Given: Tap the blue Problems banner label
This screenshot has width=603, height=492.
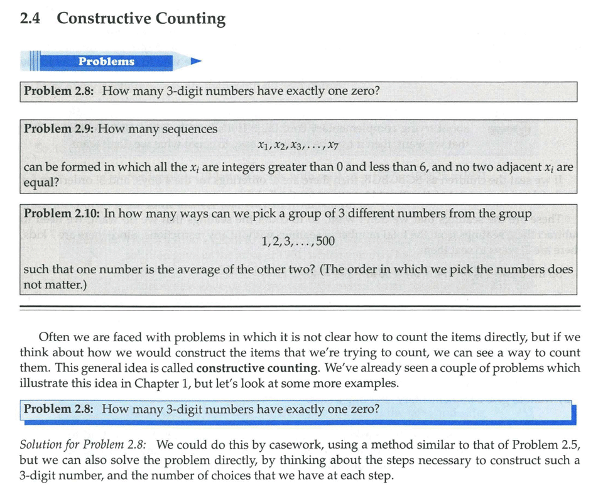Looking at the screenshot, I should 106,62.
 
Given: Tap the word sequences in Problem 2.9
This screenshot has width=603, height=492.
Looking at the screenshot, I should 190,129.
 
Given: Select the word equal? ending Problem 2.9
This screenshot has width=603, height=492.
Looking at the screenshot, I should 41,183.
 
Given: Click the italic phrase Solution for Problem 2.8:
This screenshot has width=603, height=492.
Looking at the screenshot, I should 84,445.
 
